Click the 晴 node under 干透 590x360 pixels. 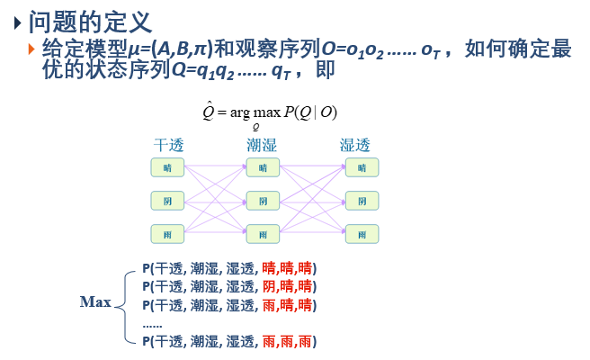point(166,167)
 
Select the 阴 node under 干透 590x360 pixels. point(166,201)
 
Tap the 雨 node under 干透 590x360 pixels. point(166,234)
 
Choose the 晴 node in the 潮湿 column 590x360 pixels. point(263,167)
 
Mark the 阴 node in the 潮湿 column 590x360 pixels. point(263,201)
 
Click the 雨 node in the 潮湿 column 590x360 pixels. point(263,234)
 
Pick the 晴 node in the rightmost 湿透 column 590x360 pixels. point(361,167)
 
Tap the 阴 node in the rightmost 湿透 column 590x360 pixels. point(361,201)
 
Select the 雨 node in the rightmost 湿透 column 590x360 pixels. point(361,234)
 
